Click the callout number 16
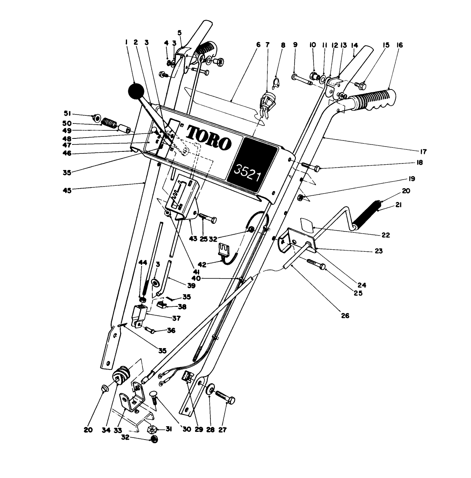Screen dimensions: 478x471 click(400, 45)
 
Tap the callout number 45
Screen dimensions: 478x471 click(68, 190)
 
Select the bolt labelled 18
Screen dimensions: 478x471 click(312, 166)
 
